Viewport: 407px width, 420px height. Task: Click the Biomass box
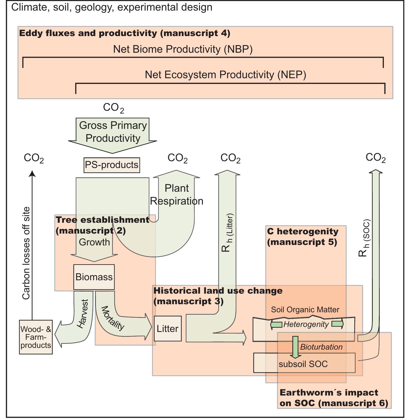pyautogui.click(x=94, y=277)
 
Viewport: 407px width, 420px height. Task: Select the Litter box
pyautogui.click(x=167, y=329)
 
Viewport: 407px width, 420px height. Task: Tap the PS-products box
pyautogui.click(x=112, y=165)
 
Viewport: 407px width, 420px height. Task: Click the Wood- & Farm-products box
pyautogui.click(x=36, y=337)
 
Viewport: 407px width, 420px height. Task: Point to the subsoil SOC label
pyautogui.click(x=303, y=364)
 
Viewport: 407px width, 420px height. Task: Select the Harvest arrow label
pyautogui.click(x=83, y=314)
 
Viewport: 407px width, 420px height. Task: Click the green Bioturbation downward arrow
pyautogui.click(x=295, y=347)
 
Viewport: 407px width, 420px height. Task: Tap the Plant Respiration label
pyautogui.click(x=177, y=194)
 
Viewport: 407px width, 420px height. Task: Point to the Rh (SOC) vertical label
pyautogui.click(x=364, y=238)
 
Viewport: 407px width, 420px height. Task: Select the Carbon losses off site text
pyautogui.click(x=26, y=253)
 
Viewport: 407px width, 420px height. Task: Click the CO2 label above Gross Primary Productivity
pyautogui.click(x=113, y=108)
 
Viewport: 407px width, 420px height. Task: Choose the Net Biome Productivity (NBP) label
pyautogui.click(x=183, y=49)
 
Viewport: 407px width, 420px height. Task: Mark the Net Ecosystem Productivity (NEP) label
pyautogui.click(x=225, y=75)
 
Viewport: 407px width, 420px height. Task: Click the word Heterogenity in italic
pyautogui.click(x=306, y=324)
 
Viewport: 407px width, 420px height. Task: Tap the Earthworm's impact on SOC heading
pyautogui.click(x=334, y=398)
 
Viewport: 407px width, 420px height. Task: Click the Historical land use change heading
pyautogui.click(x=218, y=296)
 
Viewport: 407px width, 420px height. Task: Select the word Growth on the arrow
pyautogui.click(x=94, y=242)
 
